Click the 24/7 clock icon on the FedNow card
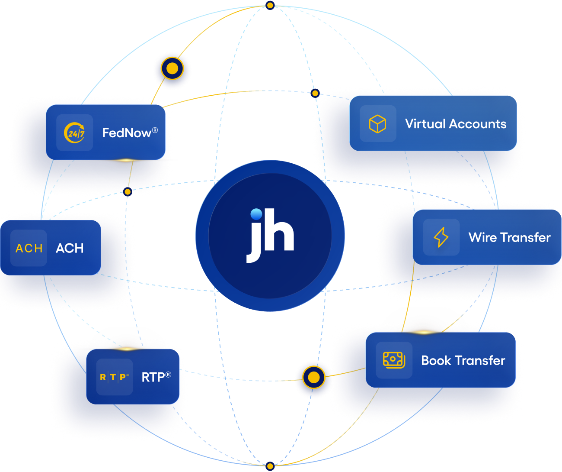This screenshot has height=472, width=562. pos(74,133)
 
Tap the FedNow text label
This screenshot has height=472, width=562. pos(127,133)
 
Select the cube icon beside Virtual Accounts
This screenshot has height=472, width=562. pos(377,124)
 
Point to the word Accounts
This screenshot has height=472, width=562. pos(478,124)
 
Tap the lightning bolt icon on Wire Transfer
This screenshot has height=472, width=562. pos(441,237)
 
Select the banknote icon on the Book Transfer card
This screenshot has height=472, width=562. pos(394,360)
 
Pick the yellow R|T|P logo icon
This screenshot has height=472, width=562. pos(114,377)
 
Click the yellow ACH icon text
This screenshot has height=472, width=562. pos(29,248)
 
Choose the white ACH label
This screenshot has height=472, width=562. pos(70,248)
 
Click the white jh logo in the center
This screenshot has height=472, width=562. pos(270,236)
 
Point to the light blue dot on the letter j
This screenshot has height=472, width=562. pos(256,214)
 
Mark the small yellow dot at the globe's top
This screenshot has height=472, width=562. pos(270,5)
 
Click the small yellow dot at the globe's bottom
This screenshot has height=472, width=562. pos(270,466)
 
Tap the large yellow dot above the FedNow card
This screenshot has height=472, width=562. pos(172,68)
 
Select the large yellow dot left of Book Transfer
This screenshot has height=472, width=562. pos(313,377)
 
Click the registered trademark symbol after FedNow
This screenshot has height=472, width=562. pos(155,130)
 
